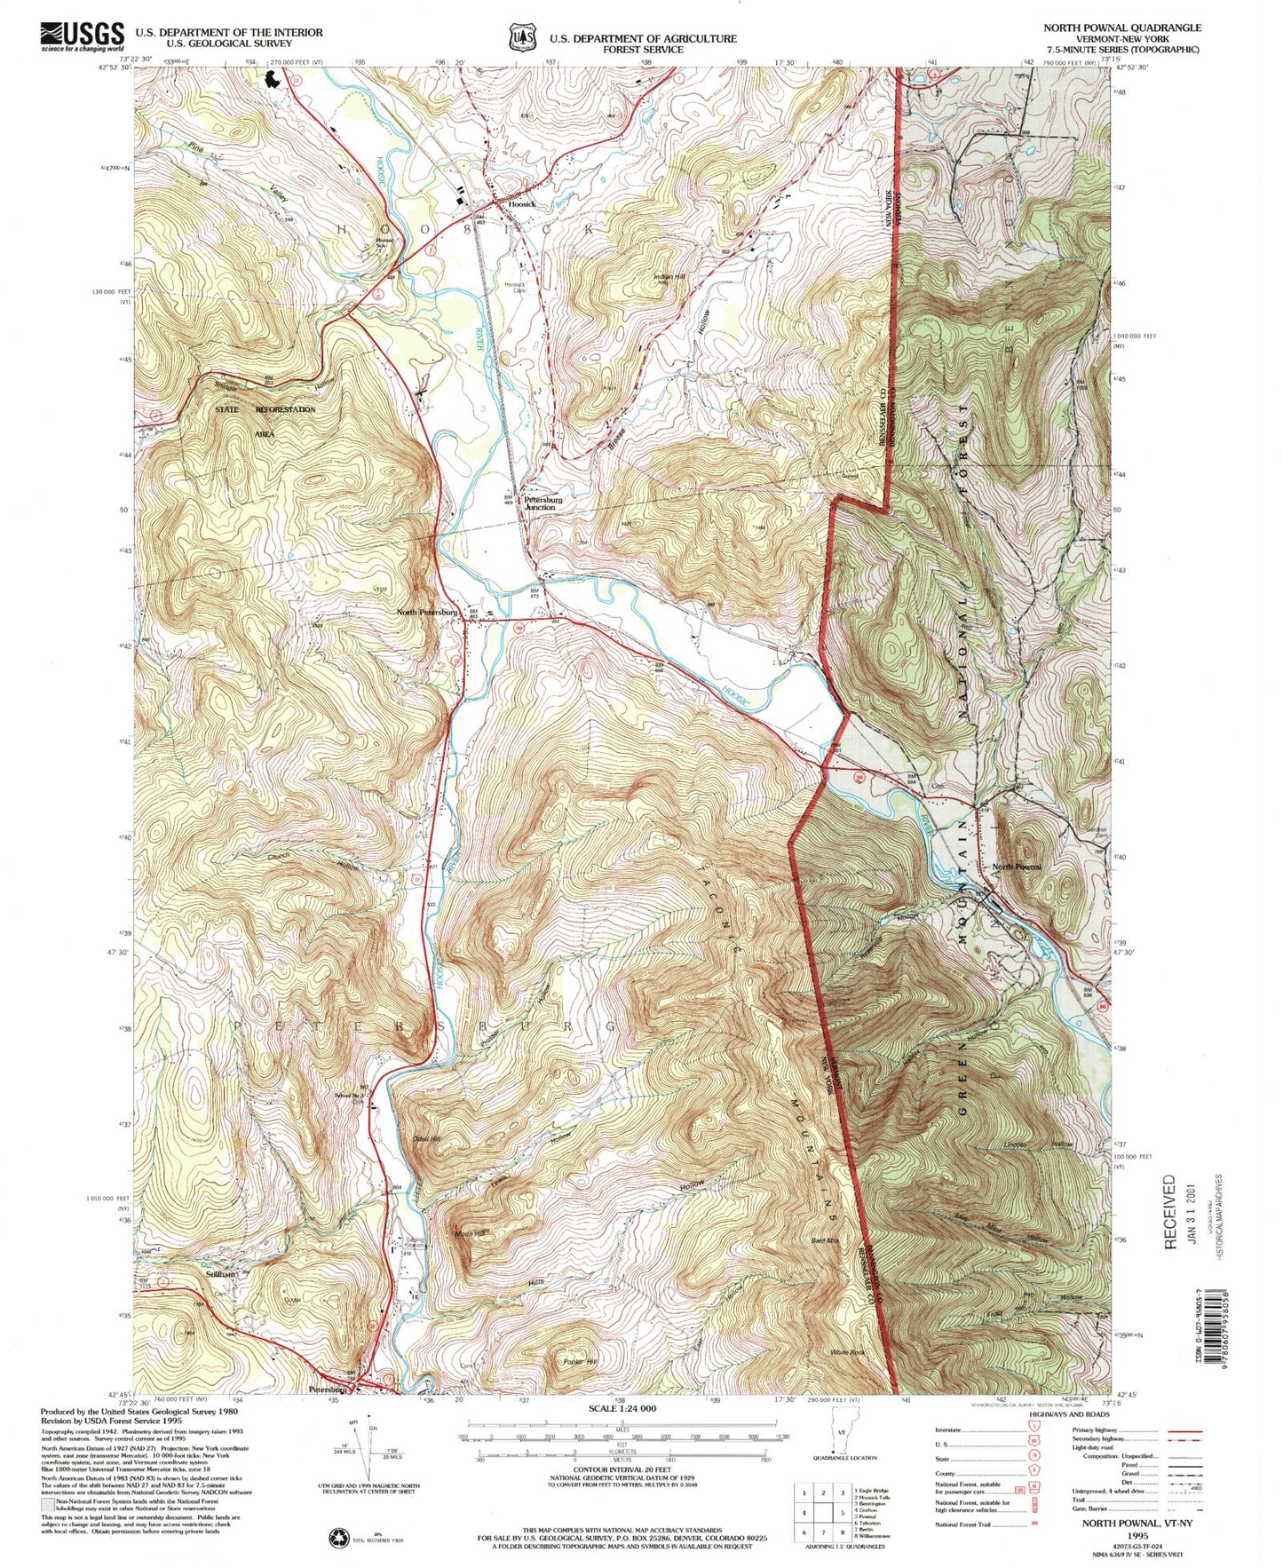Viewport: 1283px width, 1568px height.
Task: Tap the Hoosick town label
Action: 522,204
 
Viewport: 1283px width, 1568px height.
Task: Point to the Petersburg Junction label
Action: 543,502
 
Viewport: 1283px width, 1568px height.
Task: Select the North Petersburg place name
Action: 427,612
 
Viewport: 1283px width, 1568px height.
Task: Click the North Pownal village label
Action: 1016,866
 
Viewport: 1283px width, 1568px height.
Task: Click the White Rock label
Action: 847,1352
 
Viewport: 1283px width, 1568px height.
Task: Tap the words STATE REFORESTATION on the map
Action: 265,409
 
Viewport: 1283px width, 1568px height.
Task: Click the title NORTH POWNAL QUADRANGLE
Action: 1122,28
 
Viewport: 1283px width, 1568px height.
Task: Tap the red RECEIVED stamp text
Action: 1168,1211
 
